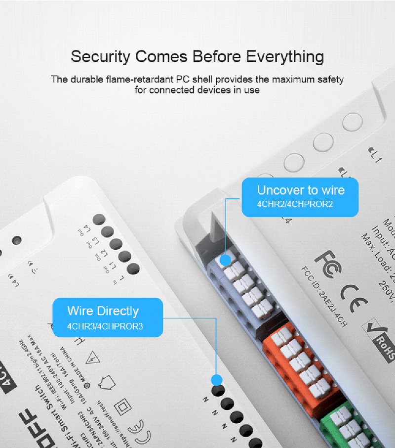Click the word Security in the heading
101,56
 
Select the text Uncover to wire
300,190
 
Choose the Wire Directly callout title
103,311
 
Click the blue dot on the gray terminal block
225,259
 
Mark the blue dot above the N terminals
215,380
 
